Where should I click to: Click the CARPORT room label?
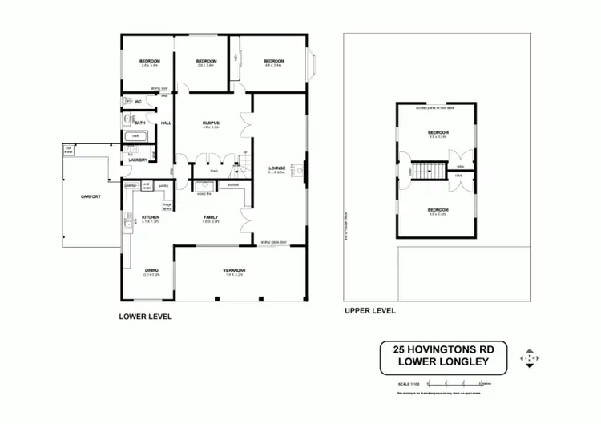tap(90, 196)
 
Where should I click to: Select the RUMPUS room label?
tap(211, 123)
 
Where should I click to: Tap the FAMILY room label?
tap(212, 216)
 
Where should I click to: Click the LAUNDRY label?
tap(138, 160)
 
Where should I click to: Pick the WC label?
tap(138, 102)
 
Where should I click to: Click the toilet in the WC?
tap(127, 102)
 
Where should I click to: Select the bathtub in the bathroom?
tap(136, 137)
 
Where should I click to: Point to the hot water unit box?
tap(69, 149)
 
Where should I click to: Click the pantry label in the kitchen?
tap(163, 185)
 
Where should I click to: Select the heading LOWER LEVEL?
tap(145, 316)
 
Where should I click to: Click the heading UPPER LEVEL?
tap(369, 310)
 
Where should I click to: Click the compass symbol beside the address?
tap(529, 357)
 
